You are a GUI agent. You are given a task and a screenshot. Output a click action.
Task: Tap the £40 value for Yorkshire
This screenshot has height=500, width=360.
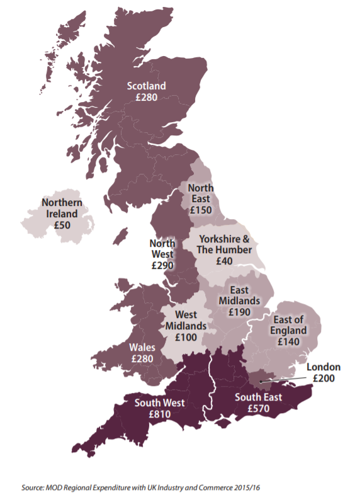(225, 261)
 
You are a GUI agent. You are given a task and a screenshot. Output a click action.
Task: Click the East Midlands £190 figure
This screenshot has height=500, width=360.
(240, 312)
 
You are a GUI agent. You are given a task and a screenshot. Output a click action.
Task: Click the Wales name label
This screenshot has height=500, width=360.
(143, 347)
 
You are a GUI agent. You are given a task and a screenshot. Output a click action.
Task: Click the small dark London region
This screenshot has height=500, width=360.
(259, 378)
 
